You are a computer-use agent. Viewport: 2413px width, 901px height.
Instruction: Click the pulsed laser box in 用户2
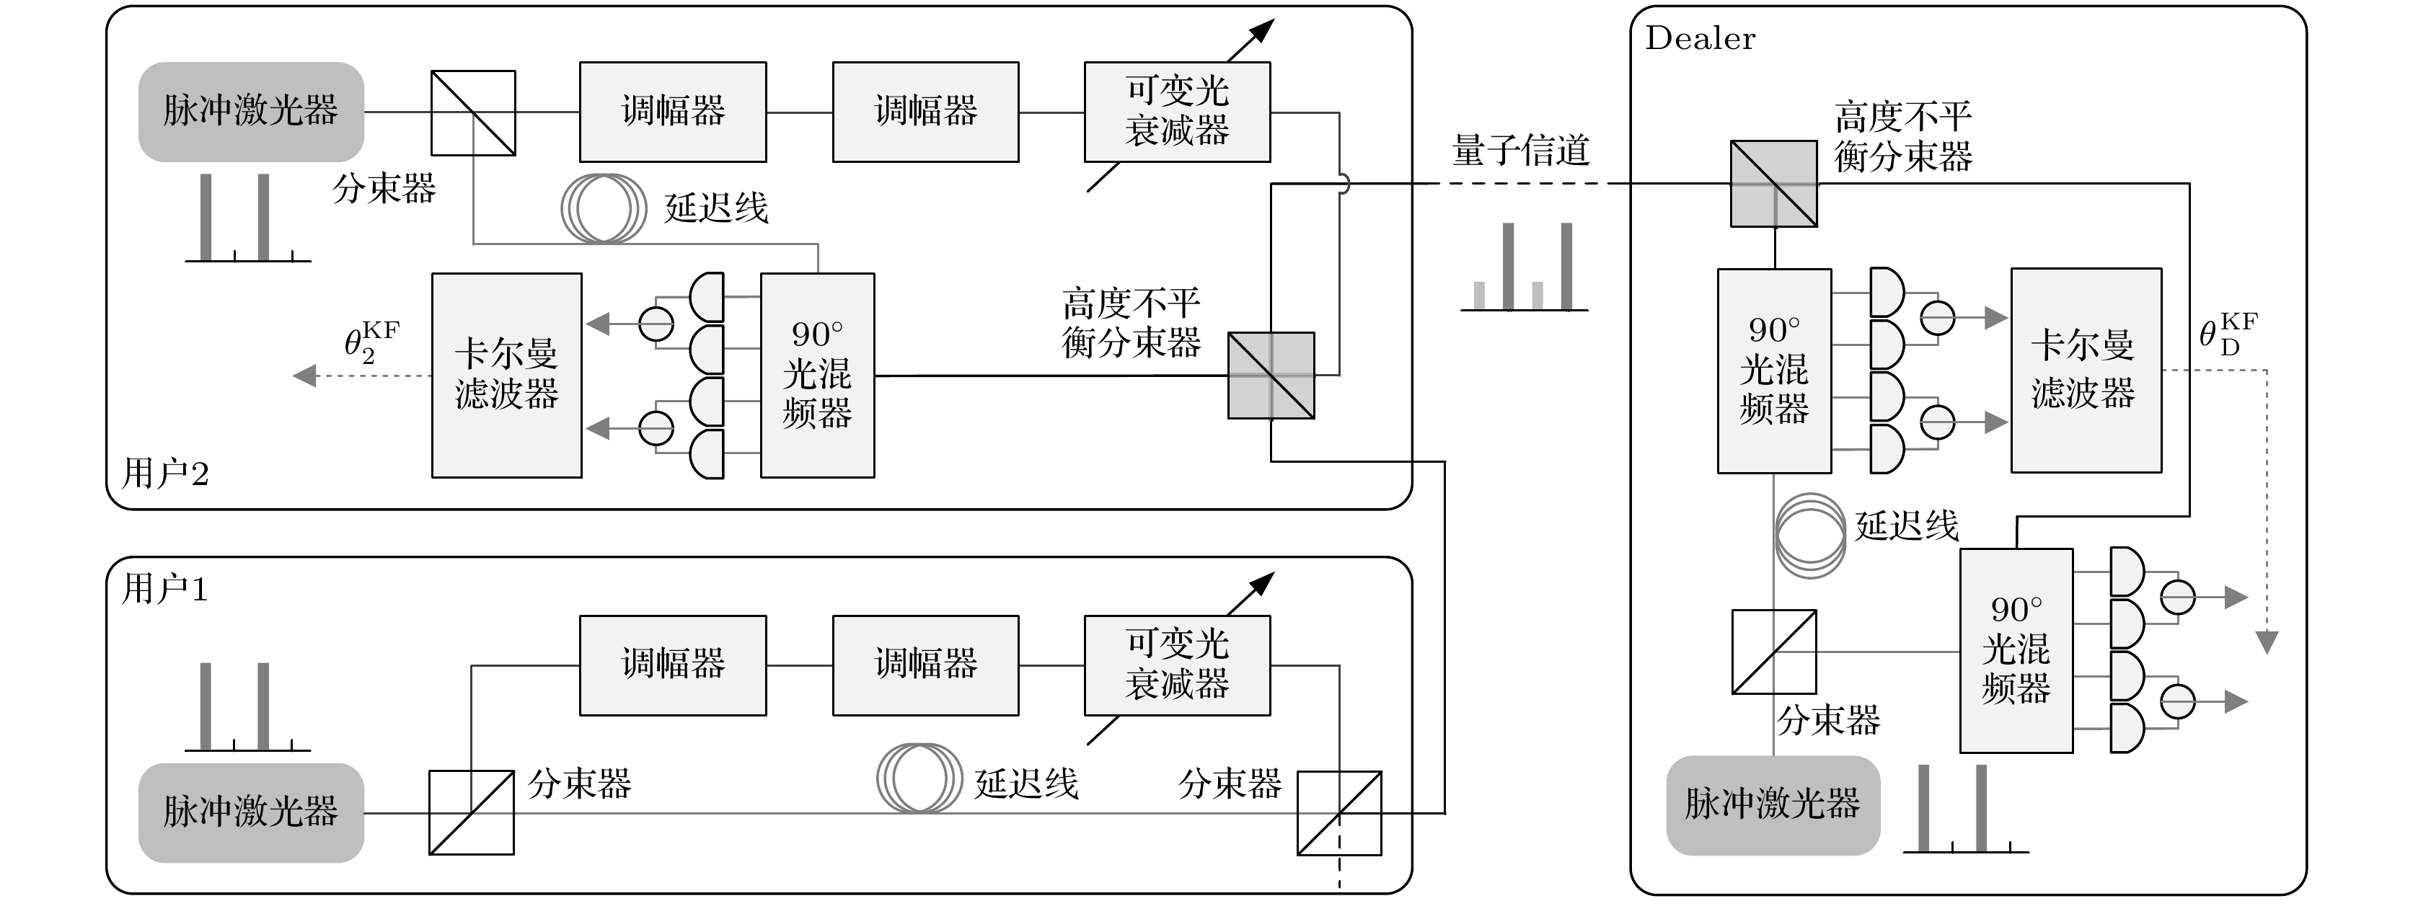[x=251, y=112]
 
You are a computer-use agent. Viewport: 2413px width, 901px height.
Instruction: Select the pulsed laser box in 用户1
[x=251, y=812]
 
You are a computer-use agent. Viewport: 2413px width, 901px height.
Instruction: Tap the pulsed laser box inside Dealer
[x=1773, y=804]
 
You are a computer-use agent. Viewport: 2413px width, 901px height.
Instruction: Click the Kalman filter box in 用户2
[x=507, y=375]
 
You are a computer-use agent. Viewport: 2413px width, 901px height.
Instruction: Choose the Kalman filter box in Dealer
[x=2086, y=370]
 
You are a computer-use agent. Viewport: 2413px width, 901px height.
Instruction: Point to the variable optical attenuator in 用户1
[x=1178, y=665]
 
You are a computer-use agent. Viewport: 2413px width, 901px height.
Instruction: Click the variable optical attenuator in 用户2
[x=1178, y=112]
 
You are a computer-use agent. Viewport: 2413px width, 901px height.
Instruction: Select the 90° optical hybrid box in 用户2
[x=818, y=375]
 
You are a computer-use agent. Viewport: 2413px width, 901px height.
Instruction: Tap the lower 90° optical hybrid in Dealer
[x=2016, y=650]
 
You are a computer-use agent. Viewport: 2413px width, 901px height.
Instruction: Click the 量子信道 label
[x=1520, y=150]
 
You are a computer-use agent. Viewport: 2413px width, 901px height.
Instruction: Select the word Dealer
[x=1700, y=38]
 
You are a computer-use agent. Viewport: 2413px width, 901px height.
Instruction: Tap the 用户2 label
[x=165, y=473]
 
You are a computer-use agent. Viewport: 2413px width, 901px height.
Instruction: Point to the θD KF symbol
[x=2228, y=334]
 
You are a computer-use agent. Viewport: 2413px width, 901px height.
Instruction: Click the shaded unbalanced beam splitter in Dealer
[x=1773, y=184]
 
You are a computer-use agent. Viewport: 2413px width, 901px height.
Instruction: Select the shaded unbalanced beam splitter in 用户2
[x=1271, y=376]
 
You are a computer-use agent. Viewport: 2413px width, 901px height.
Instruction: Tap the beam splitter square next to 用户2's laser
[x=473, y=112]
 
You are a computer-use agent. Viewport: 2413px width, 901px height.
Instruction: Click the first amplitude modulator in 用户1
[x=673, y=665]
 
